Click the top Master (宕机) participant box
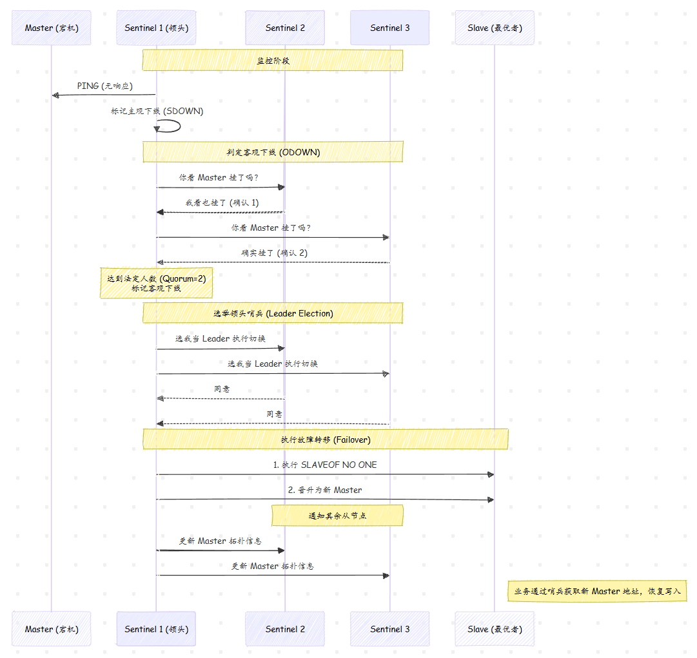[x=51, y=28]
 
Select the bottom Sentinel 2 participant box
[x=285, y=628]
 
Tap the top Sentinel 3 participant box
[x=390, y=28]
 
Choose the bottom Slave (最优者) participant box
[x=495, y=628]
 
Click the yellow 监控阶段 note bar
[x=273, y=61]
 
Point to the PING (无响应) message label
[x=105, y=86]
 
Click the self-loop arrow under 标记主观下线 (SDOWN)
[x=170, y=126]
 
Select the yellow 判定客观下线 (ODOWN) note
[x=273, y=152]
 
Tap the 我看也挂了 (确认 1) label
[x=222, y=202]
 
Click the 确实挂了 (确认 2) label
[x=274, y=253]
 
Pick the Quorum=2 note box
[x=157, y=283]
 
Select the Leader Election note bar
[x=273, y=313]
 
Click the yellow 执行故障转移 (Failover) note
[x=326, y=440]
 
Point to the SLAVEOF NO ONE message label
[x=325, y=465]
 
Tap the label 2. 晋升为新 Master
[x=325, y=490]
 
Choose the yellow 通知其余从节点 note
[x=337, y=516]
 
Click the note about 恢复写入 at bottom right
[x=598, y=592]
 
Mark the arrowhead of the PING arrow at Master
[x=55, y=95]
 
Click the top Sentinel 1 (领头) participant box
[x=156, y=28]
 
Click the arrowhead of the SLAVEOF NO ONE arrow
[x=491, y=474]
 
